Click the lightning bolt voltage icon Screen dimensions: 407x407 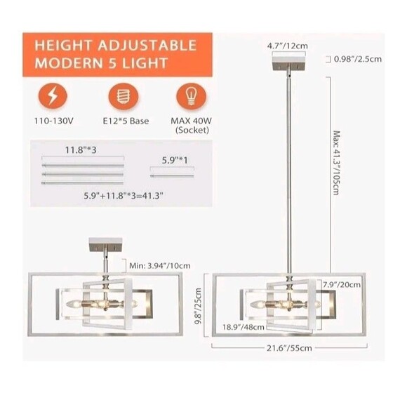53,95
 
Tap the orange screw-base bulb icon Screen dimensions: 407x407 123,96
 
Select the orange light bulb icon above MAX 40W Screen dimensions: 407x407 192,97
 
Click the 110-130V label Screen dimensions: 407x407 54,121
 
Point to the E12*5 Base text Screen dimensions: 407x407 126,121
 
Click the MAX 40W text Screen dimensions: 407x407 192,121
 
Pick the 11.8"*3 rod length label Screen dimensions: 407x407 81,150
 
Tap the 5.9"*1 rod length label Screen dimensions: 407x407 175,160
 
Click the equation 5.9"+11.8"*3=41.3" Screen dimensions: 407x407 124,196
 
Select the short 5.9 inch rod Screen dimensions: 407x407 172,176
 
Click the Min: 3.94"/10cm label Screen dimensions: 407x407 160,266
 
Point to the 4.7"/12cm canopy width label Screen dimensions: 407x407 288,46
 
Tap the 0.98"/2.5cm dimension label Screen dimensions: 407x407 358,59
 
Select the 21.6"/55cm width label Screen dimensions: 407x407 289,348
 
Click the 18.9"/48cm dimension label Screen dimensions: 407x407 243,327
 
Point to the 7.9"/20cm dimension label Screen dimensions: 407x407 342,285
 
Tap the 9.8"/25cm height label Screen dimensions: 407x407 198,306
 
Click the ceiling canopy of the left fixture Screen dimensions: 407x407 105,244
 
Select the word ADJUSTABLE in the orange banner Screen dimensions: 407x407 147,46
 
